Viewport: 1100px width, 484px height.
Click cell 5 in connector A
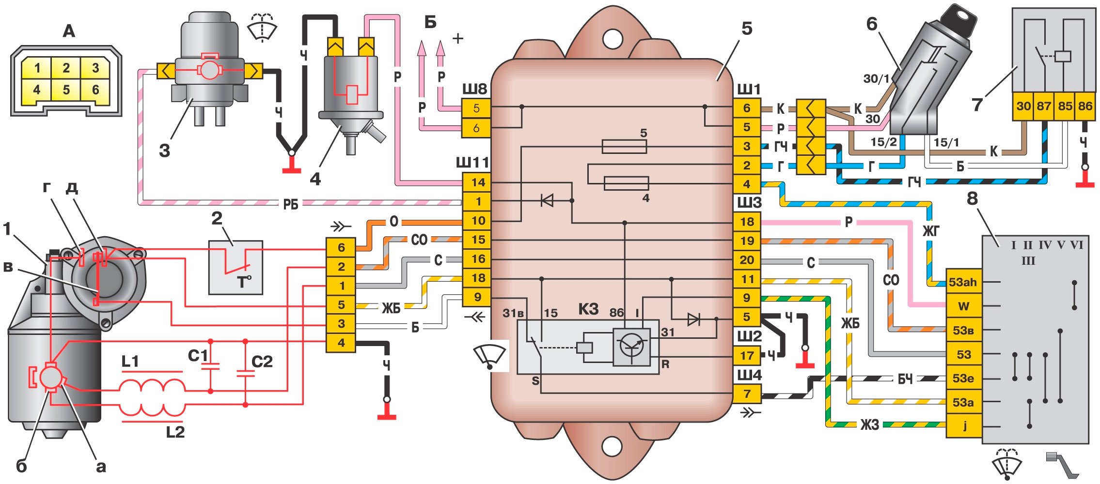[66, 90]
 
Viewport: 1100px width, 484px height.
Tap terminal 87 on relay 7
[1043, 106]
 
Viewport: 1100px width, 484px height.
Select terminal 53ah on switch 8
[963, 282]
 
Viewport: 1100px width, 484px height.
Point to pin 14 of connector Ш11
[478, 182]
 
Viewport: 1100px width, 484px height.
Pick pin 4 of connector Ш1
[747, 184]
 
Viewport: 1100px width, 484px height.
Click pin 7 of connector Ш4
[747, 394]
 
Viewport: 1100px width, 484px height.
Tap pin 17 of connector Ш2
[747, 356]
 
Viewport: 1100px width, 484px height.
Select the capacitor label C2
[262, 362]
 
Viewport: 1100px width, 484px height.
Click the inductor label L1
[130, 362]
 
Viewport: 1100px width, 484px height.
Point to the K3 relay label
[588, 309]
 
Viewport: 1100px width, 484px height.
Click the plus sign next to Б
[457, 38]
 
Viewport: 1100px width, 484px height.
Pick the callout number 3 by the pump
[165, 151]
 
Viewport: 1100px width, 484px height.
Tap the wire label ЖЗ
[869, 425]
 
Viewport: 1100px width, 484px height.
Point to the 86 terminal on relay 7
[1085, 106]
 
